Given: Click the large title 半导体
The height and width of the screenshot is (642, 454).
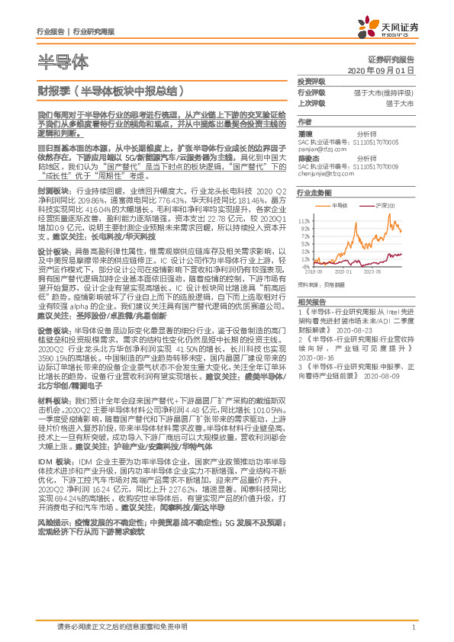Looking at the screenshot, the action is click(x=63, y=61).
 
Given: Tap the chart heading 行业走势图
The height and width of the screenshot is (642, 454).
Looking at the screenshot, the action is click(x=314, y=194).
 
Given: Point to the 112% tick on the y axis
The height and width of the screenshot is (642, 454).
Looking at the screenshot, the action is click(x=305, y=218).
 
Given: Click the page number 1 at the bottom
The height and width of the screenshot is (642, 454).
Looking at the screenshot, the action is click(x=413, y=627).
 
